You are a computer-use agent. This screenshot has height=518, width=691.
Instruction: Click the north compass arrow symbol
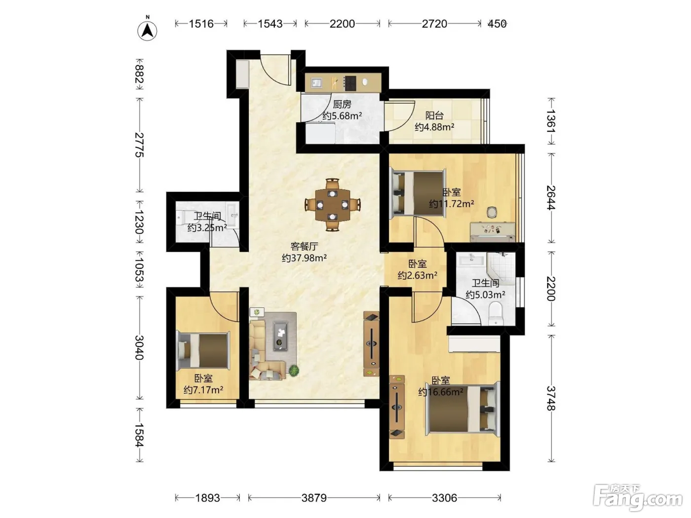tap(147, 31)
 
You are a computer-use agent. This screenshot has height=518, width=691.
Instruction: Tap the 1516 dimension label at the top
tap(201, 24)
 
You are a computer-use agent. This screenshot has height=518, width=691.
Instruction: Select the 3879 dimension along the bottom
tap(314, 498)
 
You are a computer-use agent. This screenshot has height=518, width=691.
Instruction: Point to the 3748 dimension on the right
tap(551, 398)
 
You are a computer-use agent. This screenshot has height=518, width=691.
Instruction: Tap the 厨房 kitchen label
tap(342, 104)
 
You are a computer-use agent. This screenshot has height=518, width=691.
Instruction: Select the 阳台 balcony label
tap(434, 115)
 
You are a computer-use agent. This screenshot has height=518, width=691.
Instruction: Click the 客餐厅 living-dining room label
tap(304, 246)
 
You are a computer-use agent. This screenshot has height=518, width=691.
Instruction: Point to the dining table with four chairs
tap(333, 205)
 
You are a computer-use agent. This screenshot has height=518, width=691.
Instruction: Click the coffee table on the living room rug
tap(280, 335)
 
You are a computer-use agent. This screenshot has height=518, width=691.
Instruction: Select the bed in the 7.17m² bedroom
tap(203, 350)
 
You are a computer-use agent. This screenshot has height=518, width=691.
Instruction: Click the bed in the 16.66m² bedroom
tap(462, 408)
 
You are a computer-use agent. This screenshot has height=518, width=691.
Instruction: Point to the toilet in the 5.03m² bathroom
tap(495, 313)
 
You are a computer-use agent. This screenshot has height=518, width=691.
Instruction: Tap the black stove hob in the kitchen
tap(350, 83)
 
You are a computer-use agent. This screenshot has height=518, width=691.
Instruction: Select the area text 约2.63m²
tap(418, 275)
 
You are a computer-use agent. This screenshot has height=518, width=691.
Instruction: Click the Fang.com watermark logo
tap(638, 498)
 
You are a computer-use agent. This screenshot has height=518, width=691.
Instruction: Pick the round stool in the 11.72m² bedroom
tap(492, 212)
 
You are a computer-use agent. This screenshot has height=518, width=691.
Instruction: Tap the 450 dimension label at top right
tap(497, 24)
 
